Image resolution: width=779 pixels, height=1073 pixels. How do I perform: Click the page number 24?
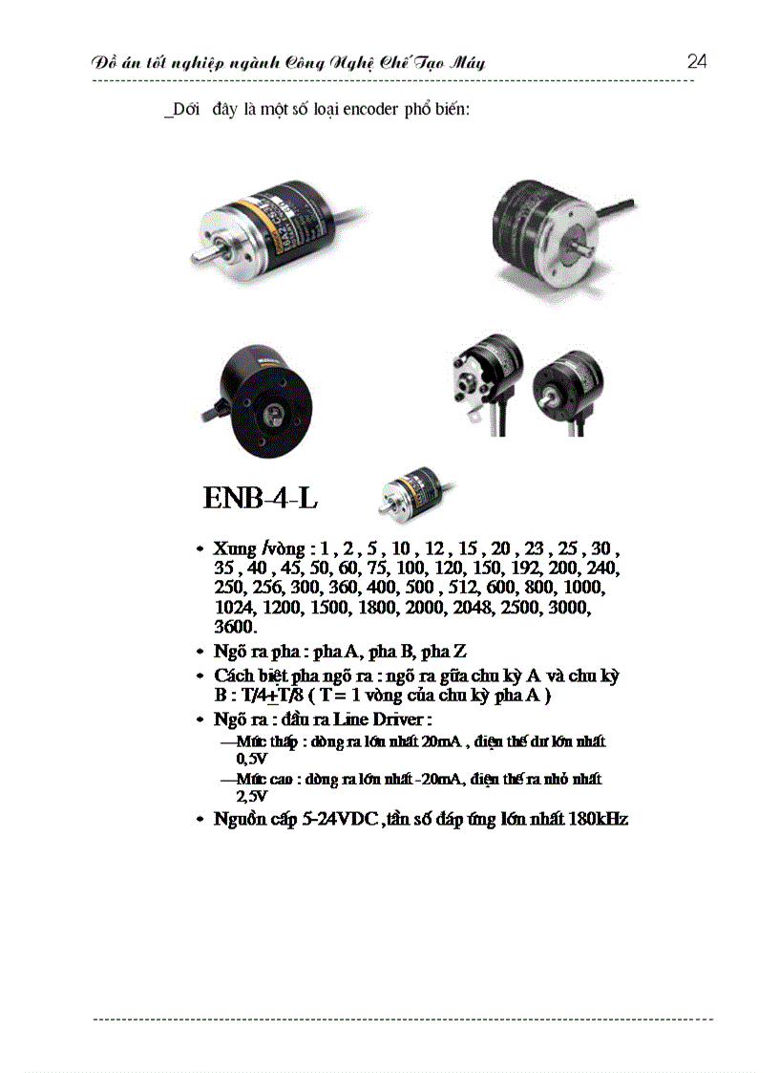point(697,62)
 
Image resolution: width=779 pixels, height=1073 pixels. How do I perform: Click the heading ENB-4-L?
point(260,498)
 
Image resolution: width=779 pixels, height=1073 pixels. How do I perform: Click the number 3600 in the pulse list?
point(235,627)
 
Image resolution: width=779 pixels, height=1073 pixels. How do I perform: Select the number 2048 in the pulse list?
point(463,608)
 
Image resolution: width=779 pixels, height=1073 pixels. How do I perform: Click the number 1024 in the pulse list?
point(235,608)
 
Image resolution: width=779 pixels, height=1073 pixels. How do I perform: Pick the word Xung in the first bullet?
point(235,549)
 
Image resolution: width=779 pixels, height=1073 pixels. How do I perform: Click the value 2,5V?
point(252,795)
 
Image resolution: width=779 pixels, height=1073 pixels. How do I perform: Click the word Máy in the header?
point(465,63)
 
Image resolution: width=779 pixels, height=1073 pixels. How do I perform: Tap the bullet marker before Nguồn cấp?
point(200,820)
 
